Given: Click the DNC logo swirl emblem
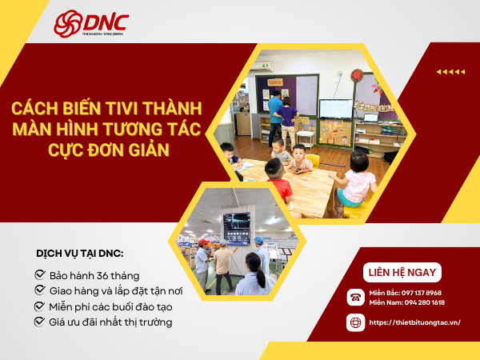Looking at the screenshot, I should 69,23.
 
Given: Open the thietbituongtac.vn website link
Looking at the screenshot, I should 414,322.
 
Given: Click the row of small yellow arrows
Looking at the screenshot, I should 450,72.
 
